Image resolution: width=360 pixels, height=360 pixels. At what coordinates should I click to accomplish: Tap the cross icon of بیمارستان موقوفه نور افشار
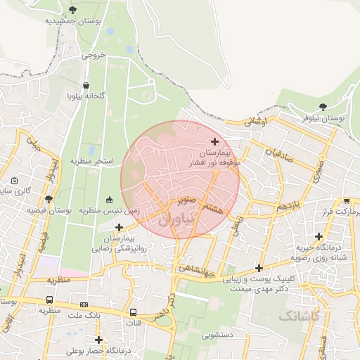pyautogui.click(x=214, y=142)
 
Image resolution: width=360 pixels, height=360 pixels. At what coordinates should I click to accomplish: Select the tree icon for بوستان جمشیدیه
pyautogui.click(x=73, y=10)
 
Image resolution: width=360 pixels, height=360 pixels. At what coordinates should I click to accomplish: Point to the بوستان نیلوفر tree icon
pyautogui.click(x=323, y=107)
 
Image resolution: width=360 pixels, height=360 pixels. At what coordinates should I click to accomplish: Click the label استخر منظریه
pyautogui.click(x=91, y=161)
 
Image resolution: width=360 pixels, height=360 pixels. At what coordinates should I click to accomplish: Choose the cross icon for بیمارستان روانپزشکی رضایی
pyautogui.click(x=119, y=227)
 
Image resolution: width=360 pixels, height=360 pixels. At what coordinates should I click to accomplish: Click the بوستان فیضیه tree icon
pyautogui.click(x=49, y=199)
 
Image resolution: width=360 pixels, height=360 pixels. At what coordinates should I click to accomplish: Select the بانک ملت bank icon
pyautogui.click(x=84, y=304)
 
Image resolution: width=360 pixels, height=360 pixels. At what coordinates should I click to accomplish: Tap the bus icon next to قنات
pyautogui.click(x=133, y=312)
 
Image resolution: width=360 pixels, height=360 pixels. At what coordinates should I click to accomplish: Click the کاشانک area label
pyautogui.click(x=298, y=316)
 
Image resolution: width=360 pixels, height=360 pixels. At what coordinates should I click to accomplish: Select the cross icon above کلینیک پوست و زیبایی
pyautogui.click(x=259, y=268)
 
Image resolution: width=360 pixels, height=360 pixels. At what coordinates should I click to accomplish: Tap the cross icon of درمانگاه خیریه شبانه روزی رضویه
pyautogui.click(x=319, y=236)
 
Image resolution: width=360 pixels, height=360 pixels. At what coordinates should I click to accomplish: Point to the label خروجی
pyautogui.click(x=94, y=54)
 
